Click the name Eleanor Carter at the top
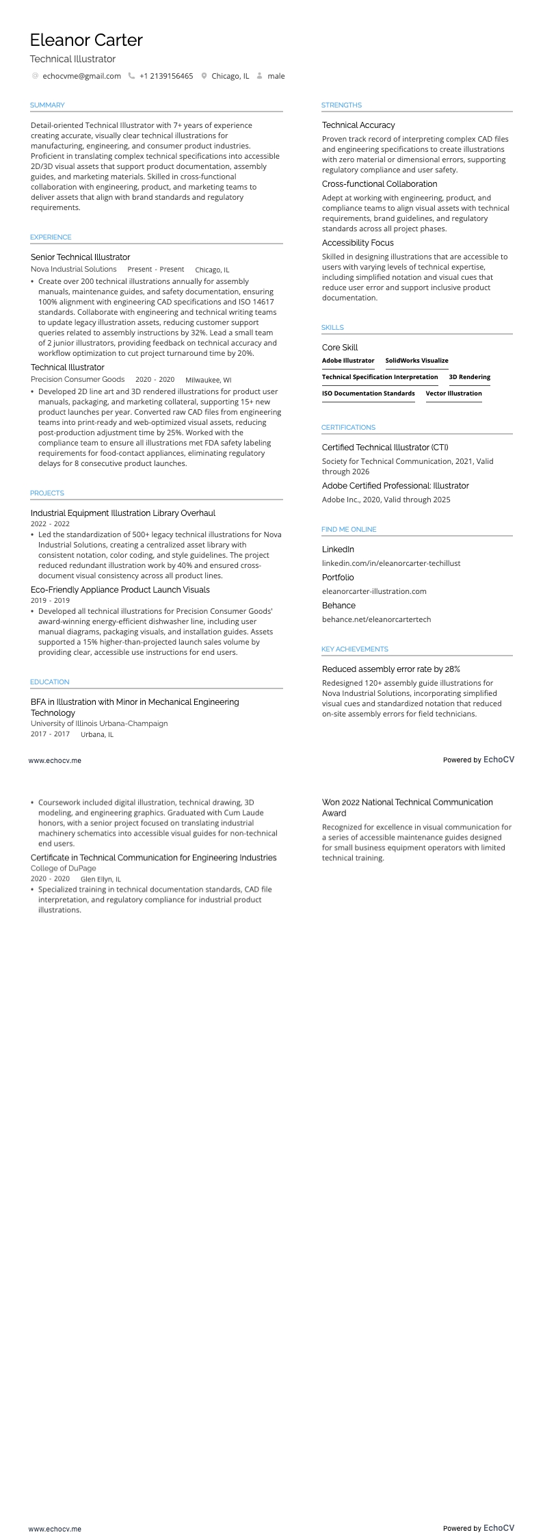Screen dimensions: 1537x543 pyautogui.click(x=86, y=40)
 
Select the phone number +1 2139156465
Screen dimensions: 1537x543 pyautogui.click(x=166, y=76)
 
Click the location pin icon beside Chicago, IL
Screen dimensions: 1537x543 pyautogui.click(x=204, y=76)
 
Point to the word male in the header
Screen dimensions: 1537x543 pyautogui.click(x=276, y=76)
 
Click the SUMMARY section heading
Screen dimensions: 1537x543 pyautogui.click(x=47, y=105)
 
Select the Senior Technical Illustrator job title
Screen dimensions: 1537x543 pyautogui.click(x=80, y=257)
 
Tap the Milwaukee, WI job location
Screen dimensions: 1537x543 pyautogui.click(x=208, y=380)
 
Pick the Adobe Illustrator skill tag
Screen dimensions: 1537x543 pyautogui.click(x=348, y=361)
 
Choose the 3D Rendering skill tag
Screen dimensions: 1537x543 pyautogui.click(x=469, y=377)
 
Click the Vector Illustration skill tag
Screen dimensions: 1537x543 pyautogui.click(x=453, y=393)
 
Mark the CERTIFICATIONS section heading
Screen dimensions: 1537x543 pyautogui.click(x=348, y=428)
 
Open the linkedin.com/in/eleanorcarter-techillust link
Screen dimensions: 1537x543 pyautogui.click(x=391, y=563)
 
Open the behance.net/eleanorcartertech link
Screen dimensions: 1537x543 pyautogui.click(x=376, y=619)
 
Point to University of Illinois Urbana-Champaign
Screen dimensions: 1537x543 pyautogui.click(x=99, y=723)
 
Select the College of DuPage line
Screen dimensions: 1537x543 pyautogui.click(x=64, y=868)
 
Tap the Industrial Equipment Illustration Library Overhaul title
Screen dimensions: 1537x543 pyautogui.click(x=123, y=513)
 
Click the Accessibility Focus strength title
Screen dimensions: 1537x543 pyautogui.click(x=358, y=243)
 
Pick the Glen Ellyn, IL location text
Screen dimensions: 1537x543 pyautogui.click(x=101, y=879)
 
